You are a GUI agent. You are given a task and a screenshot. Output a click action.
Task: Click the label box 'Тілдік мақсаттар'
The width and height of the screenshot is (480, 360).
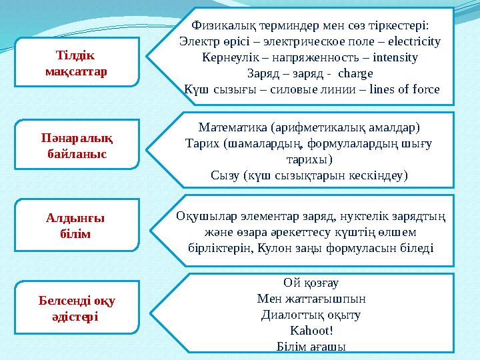(x=76, y=61)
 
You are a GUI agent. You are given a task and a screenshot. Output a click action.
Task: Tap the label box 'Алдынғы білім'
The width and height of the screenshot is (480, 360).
(x=76, y=226)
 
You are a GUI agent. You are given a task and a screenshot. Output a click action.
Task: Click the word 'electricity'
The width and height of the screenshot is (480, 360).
(x=413, y=41)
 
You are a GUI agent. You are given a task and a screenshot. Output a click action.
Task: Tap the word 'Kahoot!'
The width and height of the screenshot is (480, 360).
(x=312, y=330)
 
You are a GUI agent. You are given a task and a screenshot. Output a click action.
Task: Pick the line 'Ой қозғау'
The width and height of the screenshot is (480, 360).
(x=311, y=282)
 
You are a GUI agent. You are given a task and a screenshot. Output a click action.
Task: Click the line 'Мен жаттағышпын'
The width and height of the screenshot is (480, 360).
(x=311, y=298)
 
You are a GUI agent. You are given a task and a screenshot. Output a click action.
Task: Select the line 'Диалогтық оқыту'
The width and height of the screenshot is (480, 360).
(x=311, y=314)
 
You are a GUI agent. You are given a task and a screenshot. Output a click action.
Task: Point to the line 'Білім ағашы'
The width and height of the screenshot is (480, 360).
(x=311, y=345)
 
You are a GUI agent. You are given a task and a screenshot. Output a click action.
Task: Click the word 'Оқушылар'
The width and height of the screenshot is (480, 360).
(x=201, y=216)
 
